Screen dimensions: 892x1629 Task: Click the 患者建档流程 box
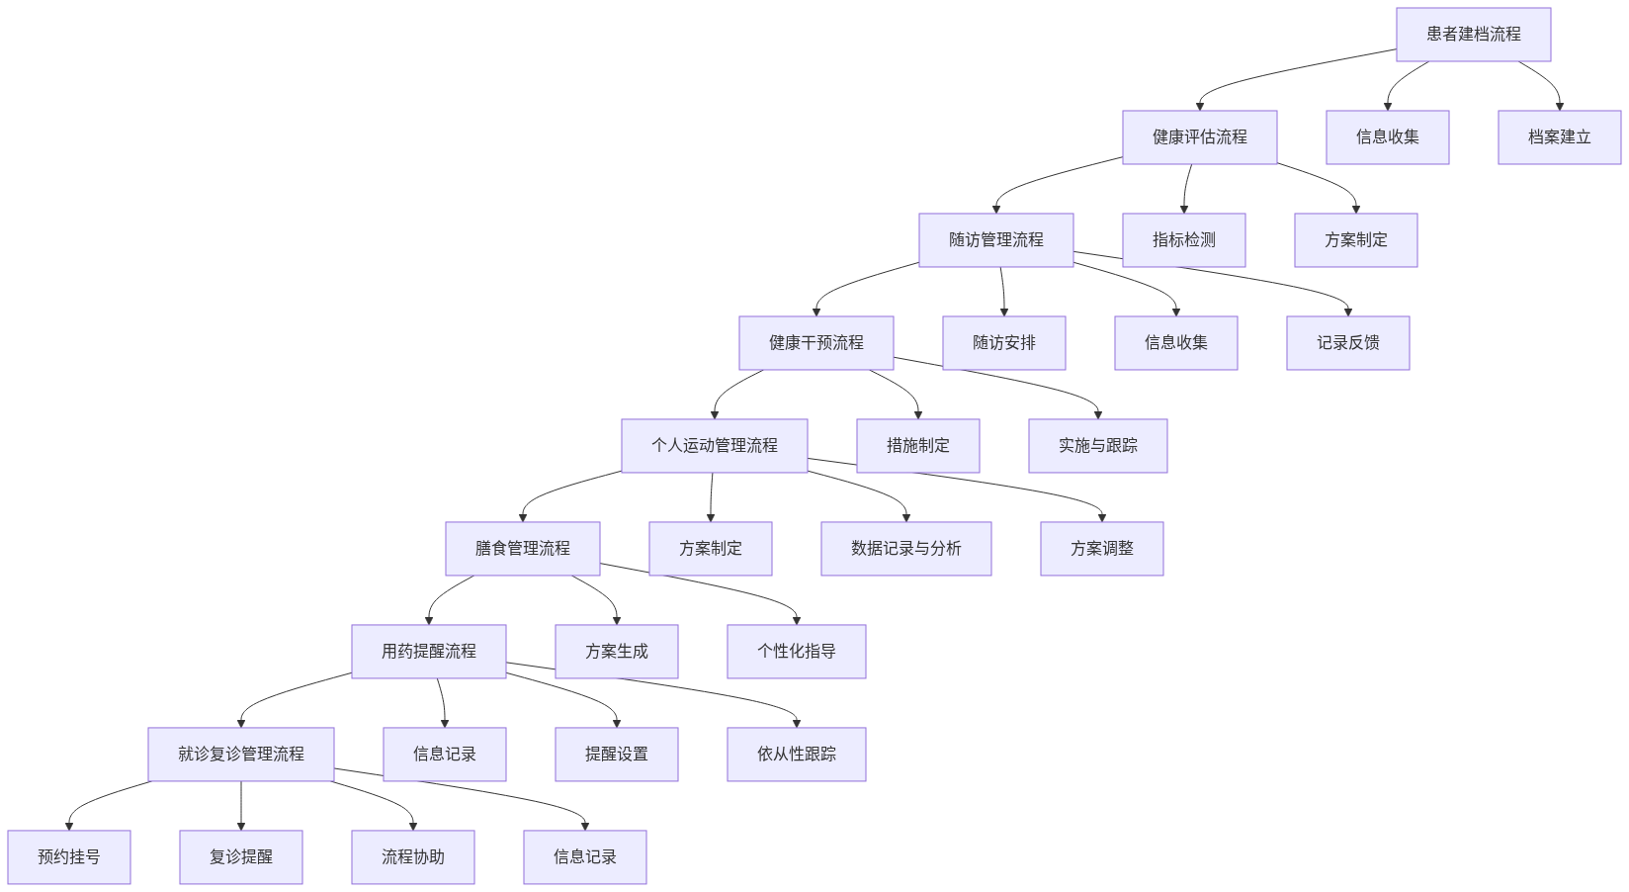coord(1473,35)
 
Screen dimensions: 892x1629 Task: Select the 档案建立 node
coord(1559,137)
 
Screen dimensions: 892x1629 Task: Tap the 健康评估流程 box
coord(1199,137)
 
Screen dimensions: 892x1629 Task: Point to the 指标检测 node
coord(1183,240)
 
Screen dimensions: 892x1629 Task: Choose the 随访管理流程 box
coord(995,240)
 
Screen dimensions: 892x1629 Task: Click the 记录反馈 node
coord(1347,343)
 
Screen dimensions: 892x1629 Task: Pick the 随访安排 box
coord(1003,343)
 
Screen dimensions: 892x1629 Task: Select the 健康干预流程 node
coord(815,343)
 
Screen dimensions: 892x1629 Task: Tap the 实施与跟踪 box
coord(1097,446)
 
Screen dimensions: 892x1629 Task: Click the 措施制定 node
coord(917,446)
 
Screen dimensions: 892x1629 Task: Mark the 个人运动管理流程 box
coord(714,446)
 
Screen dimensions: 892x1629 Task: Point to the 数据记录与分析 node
coord(905,549)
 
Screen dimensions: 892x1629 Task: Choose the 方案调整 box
coord(1101,549)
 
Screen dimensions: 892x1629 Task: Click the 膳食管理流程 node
coord(522,549)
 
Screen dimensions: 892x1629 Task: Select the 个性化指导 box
coord(796,652)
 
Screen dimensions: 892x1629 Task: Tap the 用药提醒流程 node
coord(428,652)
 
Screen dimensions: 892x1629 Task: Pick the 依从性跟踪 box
coord(796,755)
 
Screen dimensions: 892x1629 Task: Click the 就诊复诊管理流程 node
coord(240,755)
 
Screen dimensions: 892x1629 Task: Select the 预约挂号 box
coord(68,857)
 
